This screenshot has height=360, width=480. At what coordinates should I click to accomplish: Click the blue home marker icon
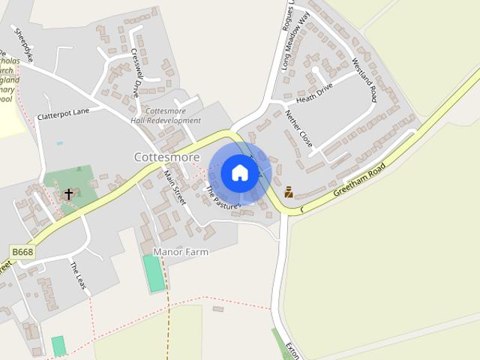tap(239, 172)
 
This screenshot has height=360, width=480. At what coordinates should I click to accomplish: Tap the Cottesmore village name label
tap(166, 157)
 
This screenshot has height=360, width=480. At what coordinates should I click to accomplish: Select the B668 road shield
tap(22, 252)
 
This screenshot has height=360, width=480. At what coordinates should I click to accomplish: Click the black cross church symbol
tap(68, 194)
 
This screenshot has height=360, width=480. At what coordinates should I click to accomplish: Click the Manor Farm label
tap(180, 252)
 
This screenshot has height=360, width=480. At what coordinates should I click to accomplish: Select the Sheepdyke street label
tap(24, 44)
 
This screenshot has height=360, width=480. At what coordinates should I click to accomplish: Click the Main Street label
tap(174, 187)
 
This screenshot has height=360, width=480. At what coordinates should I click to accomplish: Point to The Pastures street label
tap(222, 197)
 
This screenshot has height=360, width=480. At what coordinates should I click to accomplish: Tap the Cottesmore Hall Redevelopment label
tap(165, 115)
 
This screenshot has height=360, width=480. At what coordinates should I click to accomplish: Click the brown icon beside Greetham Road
tap(289, 191)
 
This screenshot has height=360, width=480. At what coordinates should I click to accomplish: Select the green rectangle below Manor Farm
tap(154, 273)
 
